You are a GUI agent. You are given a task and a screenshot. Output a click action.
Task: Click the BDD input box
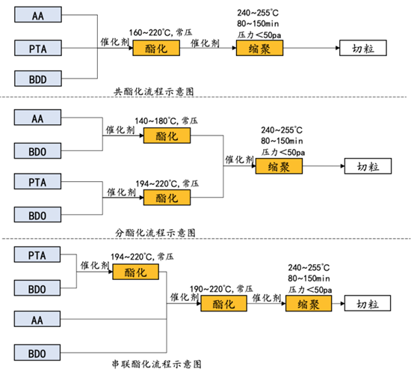coord(38,79)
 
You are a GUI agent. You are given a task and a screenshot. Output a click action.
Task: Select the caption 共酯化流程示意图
coord(154,92)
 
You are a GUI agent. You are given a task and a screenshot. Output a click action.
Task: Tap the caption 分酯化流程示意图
coord(155,233)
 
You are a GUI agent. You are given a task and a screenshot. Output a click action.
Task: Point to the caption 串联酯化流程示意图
coord(157,364)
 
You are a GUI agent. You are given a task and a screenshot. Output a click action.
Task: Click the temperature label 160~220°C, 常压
coord(161,32)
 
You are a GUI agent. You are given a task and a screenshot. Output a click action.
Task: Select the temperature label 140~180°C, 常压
coord(167,121)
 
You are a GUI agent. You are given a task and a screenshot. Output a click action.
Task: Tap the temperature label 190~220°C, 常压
coord(221,289)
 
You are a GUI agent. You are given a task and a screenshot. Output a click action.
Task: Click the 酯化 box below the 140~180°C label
coord(167,135)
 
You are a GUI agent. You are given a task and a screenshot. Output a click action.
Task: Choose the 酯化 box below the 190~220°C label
coord(224,304)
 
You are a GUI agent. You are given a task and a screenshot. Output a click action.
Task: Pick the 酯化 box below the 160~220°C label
coord(156,48)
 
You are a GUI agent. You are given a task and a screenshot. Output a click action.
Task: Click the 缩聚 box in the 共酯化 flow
coord(260,48)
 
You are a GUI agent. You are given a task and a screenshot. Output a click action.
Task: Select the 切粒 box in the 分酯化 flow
coord(368,166)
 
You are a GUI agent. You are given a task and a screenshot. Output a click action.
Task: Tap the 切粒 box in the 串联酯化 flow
coord(368,303)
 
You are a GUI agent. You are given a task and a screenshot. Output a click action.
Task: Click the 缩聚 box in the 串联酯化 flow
coord(309,304)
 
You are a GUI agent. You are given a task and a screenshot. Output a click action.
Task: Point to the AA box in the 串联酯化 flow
coord(37,319)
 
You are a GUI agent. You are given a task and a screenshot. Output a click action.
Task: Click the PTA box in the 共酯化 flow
coord(38,48)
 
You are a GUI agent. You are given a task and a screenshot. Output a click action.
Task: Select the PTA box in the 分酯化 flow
coord(37,181)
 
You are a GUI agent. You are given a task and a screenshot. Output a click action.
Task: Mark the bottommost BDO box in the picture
coord(37,353)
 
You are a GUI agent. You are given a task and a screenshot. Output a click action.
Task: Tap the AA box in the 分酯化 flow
coord(37,118)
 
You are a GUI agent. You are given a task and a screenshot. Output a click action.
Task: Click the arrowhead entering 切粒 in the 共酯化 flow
coord(338,48)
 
